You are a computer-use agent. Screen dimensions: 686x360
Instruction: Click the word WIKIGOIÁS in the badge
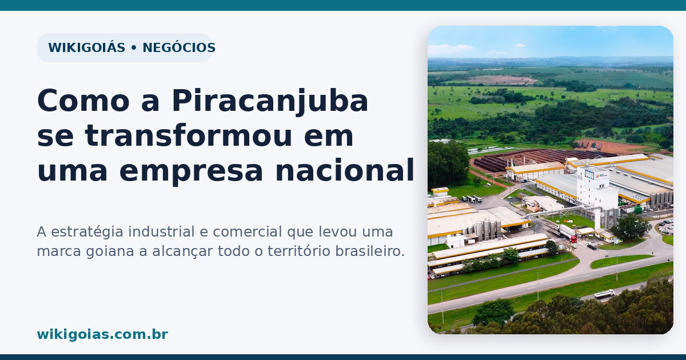[x=87, y=47]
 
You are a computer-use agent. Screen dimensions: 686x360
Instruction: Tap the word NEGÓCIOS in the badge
[x=179, y=47]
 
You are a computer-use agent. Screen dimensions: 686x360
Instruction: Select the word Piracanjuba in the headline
[x=270, y=101]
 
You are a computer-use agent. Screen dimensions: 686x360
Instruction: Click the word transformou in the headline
[x=188, y=136]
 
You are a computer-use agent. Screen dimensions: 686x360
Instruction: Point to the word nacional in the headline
[x=345, y=170]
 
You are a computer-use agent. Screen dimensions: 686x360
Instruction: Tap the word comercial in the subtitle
[x=247, y=232]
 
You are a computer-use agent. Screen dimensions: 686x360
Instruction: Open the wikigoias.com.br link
[x=102, y=334]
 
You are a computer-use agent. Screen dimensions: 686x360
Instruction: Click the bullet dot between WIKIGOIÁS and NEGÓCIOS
[x=134, y=48]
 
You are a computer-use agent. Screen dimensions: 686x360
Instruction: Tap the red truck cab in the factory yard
[x=573, y=238]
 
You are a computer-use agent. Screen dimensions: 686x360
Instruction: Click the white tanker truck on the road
[x=605, y=294]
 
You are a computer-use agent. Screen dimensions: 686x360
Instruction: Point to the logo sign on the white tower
[x=589, y=175]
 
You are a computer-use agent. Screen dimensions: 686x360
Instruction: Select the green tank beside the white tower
[x=638, y=210]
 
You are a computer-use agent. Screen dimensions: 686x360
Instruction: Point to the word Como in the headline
[x=83, y=101]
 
